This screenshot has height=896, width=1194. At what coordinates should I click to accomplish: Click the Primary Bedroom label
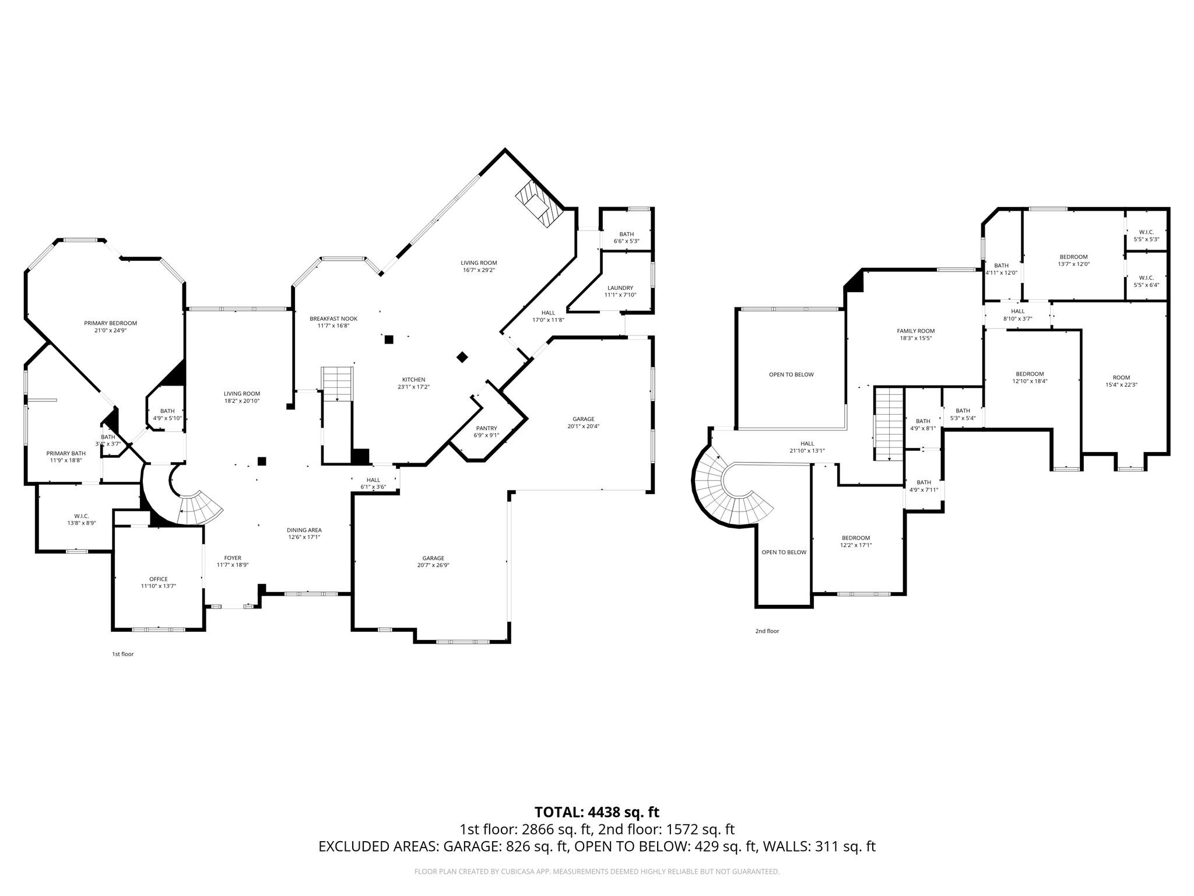tap(110, 323)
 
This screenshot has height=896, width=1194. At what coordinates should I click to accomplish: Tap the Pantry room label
tap(486, 428)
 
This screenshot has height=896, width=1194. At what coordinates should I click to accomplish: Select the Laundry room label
tap(620, 288)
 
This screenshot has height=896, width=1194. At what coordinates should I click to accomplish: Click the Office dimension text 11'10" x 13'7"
tap(158, 586)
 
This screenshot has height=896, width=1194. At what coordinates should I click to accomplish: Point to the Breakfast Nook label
tap(333, 318)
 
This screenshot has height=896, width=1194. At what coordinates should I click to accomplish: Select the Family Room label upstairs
tap(915, 331)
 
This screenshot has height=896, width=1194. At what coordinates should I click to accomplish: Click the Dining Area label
tap(304, 530)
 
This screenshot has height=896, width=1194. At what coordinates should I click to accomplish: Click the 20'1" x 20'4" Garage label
tap(583, 419)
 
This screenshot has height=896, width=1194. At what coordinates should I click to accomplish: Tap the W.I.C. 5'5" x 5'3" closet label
tap(1146, 232)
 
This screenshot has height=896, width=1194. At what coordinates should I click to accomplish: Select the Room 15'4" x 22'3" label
tap(1121, 377)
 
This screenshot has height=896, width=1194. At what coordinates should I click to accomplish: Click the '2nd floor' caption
tap(767, 631)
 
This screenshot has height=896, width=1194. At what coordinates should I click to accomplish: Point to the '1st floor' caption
tap(122, 654)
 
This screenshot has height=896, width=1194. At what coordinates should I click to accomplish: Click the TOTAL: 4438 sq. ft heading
tap(596, 812)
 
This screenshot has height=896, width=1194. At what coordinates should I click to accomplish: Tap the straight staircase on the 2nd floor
tap(889, 424)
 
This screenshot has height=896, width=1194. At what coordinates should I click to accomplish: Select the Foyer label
tap(233, 558)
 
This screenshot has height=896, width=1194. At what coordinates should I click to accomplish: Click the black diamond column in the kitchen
tap(462, 357)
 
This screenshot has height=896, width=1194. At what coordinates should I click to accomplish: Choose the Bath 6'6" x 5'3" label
tap(626, 234)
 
